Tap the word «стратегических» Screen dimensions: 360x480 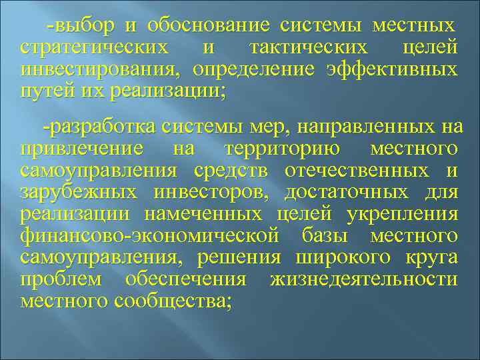(94, 49)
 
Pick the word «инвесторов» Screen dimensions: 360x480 (210, 192)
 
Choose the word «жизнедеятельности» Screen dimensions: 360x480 (363, 279)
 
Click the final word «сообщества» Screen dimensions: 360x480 (173, 301)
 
